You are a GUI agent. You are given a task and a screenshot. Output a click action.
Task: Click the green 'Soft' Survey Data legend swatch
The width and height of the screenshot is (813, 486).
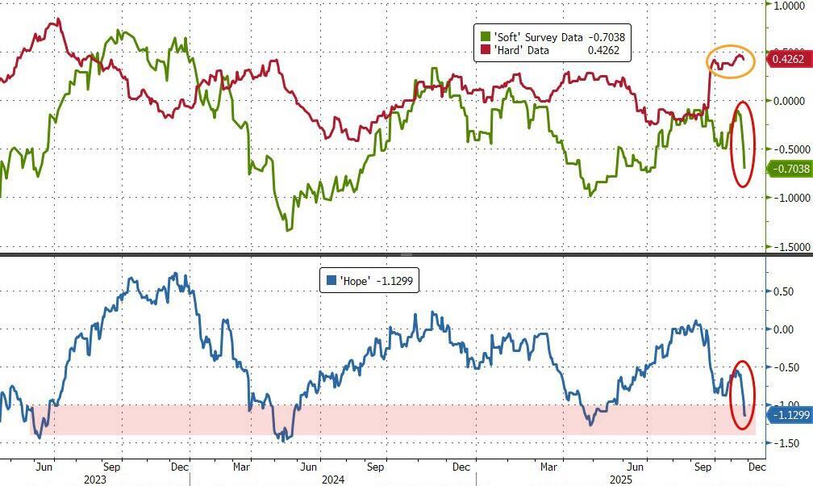pyautogui.click(x=486, y=37)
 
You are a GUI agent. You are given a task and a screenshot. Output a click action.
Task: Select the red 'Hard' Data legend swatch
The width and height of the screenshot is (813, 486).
pyautogui.click(x=486, y=51)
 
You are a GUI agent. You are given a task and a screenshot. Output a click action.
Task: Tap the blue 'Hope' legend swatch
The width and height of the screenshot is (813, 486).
pyautogui.click(x=330, y=281)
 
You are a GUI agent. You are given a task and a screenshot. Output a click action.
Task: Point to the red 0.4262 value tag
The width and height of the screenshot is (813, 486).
pyautogui.click(x=788, y=59)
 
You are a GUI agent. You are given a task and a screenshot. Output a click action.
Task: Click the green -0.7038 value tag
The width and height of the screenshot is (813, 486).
pyautogui.click(x=789, y=169)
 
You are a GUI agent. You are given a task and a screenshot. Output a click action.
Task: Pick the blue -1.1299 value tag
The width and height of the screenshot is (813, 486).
pyautogui.click(x=788, y=415)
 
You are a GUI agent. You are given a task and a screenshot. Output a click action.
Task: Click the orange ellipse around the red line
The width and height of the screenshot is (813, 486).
pyautogui.click(x=731, y=61)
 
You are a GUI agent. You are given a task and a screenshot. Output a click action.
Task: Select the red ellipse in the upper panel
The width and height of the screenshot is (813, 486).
pyautogui.click(x=743, y=144)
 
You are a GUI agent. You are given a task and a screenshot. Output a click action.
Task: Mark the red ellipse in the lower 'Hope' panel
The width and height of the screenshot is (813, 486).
pyautogui.click(x=743, y=396)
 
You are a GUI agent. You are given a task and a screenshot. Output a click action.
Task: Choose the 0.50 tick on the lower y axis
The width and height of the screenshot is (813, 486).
pyautogui.click(x=785, y=291)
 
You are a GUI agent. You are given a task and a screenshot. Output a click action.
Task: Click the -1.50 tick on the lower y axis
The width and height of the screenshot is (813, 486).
pyautogui.click(x=784, y=443)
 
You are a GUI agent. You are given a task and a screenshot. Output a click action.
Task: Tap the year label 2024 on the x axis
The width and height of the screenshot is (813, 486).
pyautogui.click(x=333, y=479)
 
